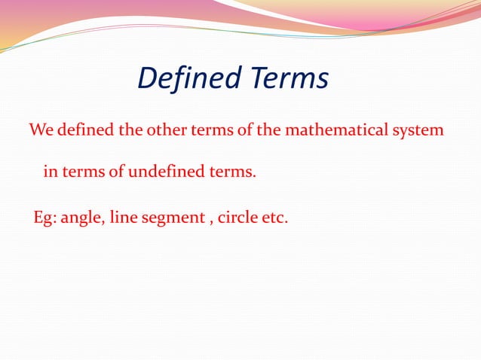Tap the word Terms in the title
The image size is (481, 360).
point(291,78)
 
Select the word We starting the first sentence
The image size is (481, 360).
point(40,130)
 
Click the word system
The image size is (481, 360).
point(415,130)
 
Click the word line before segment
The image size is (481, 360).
point(123,218)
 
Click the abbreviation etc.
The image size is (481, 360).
point(276,218)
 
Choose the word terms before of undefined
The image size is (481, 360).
point(84,172)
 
